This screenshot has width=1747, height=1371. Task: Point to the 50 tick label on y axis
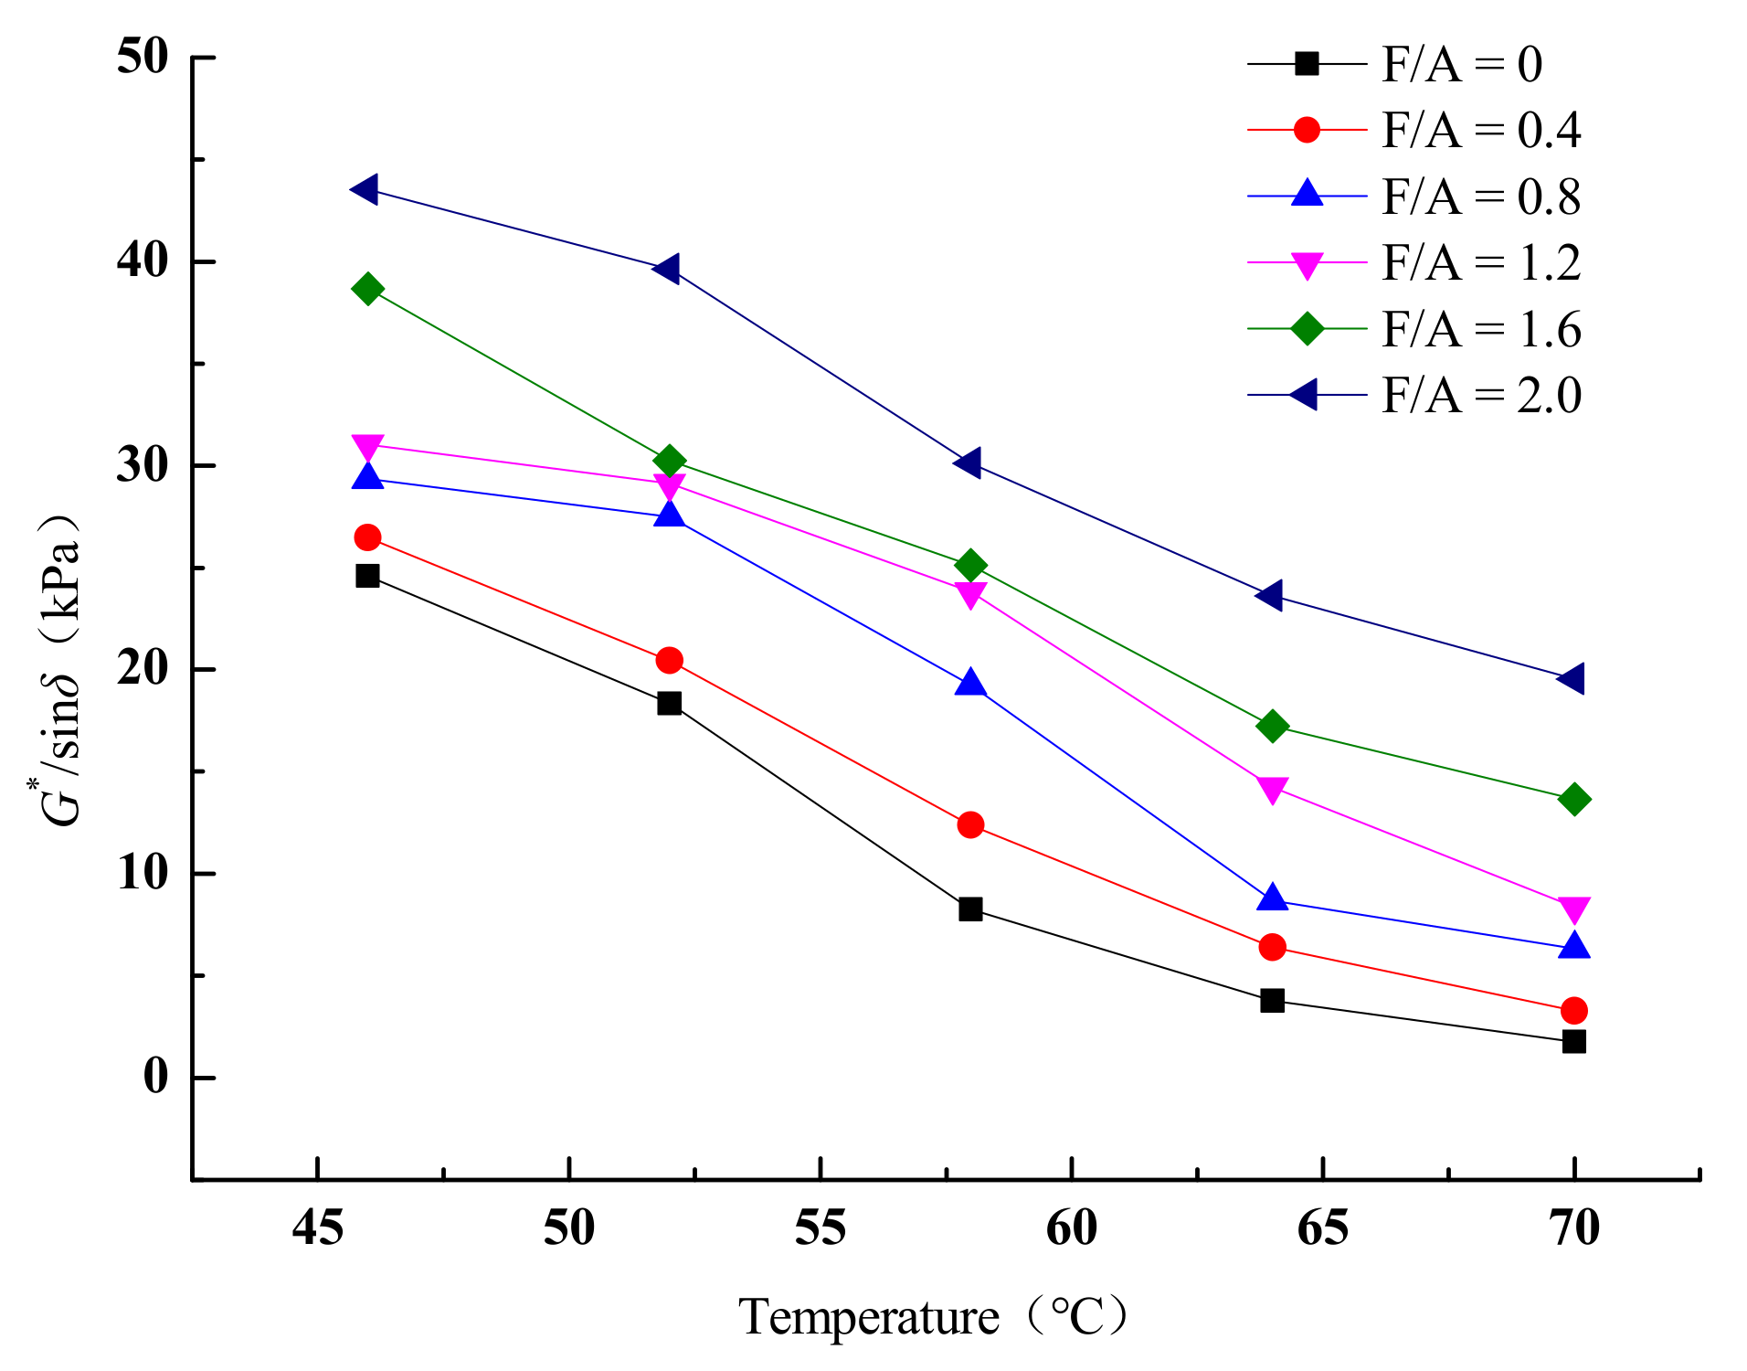pos(143,57)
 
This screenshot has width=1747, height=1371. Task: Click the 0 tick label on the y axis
pos(156,1077)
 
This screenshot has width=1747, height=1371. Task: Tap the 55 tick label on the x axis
pos(820,1228)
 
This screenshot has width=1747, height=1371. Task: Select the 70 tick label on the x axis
pos(1573,1228)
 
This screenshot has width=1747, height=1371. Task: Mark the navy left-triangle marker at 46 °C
pos(365,190)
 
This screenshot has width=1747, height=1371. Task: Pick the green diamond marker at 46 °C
pos(367,290)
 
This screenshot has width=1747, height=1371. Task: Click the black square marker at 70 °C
pos(1573,1041)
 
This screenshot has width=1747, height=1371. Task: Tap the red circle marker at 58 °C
pos(970,825)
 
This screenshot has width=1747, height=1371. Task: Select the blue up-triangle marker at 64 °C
pos(1272,899)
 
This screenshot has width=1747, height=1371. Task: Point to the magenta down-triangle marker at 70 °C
pos(1573,909)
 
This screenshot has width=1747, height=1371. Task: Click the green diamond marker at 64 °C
pos(1272,727)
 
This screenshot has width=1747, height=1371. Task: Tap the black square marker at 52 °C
pos(669,703)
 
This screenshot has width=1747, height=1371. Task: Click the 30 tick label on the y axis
pos(143,465)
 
